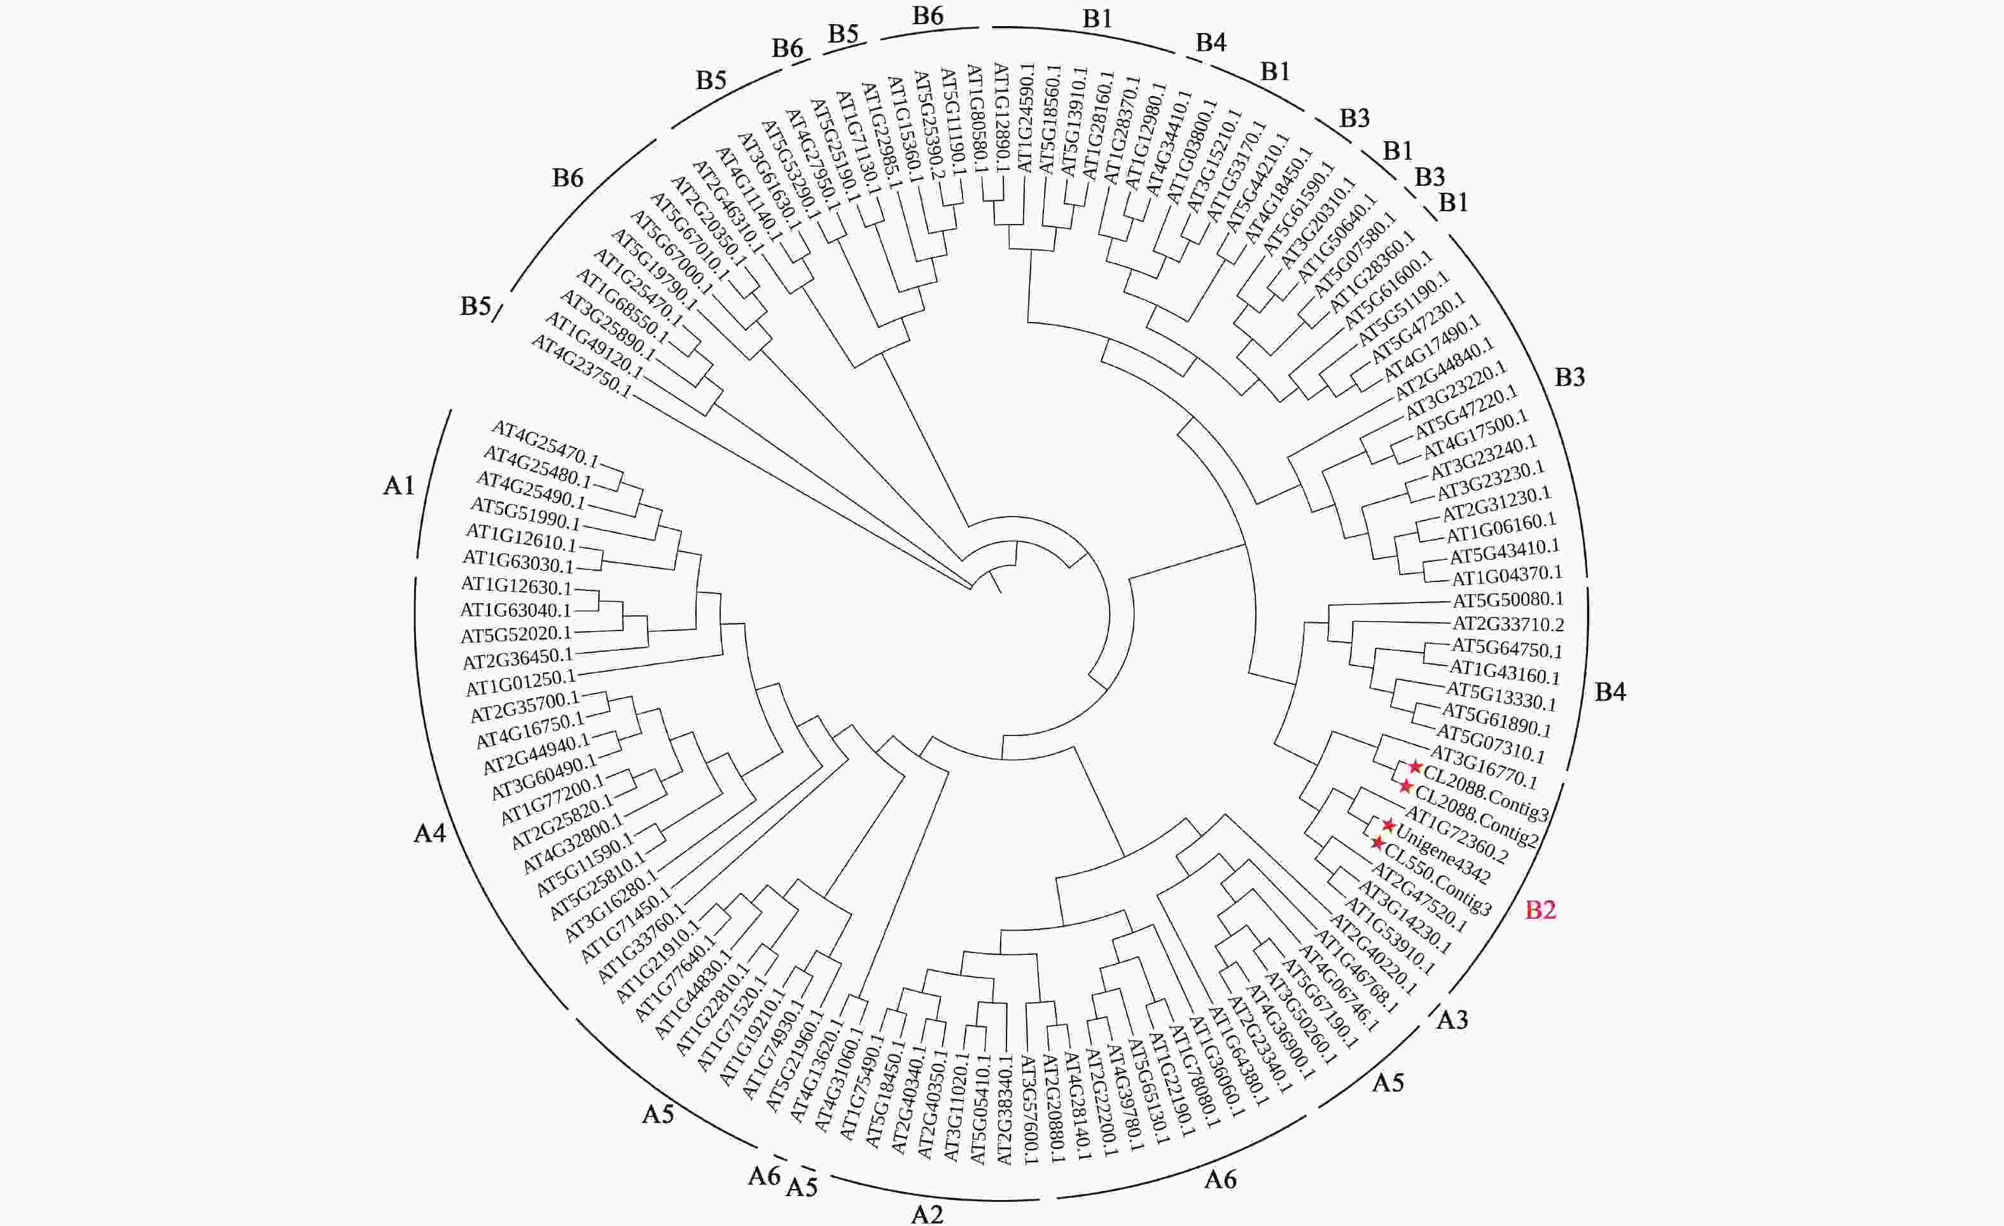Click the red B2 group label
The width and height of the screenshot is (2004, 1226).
pos(1540,910)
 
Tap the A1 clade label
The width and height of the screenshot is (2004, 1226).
pos(398,485)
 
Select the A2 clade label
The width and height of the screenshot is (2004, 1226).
pos(926,1214)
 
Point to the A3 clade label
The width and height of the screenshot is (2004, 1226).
pos(1452,1019)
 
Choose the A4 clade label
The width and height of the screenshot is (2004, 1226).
pos(429,833)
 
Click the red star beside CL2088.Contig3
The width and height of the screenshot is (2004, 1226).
pos(1415,767)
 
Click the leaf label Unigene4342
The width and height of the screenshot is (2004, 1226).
pos(1443,855)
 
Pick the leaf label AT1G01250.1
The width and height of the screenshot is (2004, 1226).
pos(520,683)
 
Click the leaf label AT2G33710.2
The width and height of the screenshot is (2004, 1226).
pos(1508,625)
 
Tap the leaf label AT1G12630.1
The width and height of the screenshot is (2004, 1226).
pos(517,586)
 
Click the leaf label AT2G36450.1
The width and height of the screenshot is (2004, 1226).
pos(518,658)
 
